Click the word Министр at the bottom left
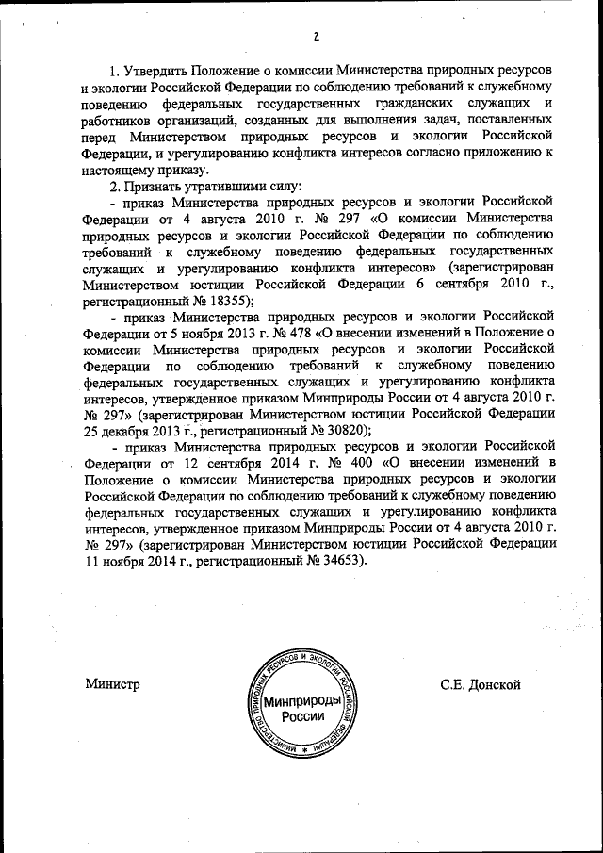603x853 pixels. click(x=112, y=684)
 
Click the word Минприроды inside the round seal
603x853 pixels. click(x=302, y=701)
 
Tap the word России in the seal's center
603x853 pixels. click(x=302, y=716)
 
